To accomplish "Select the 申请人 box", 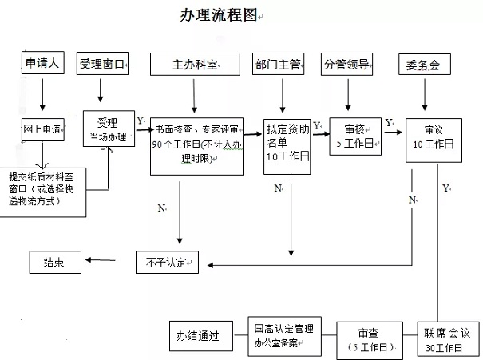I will coord(42,65).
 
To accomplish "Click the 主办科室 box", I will coord(195,65).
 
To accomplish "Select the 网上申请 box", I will coord(43,129).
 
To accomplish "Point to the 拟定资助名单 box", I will coord(288,146).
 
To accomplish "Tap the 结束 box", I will coord(55,261).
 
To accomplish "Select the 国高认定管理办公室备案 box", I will coord(283,334).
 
